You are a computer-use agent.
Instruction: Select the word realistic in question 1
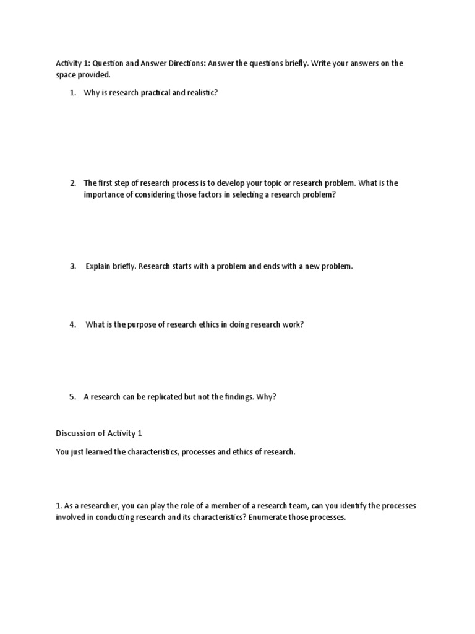pyautogui.click(x=202, y=93)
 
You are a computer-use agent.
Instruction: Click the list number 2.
pyautogui.click(x=72, y=183)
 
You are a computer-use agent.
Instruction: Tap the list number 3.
pyautogui.click(x=72, y=266)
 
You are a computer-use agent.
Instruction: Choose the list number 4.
pyautogui.click(x=72, y=324)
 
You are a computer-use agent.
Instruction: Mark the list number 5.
pyautogui.click(x=72, y=397)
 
